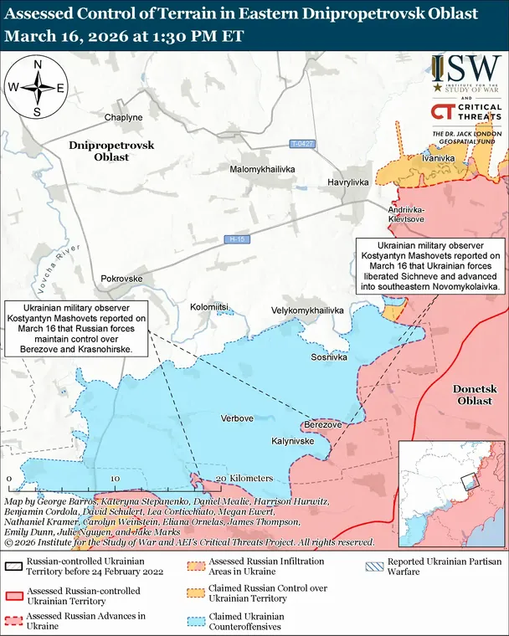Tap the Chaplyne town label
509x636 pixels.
tap(123, 118)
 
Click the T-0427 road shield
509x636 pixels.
tap(302, 144)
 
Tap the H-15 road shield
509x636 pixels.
tap(237, 239)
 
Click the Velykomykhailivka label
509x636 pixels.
tap(307, 310)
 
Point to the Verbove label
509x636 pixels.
tap(237, 417)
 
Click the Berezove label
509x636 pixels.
tap(322, 425)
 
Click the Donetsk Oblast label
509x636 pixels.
tap(475, 395)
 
